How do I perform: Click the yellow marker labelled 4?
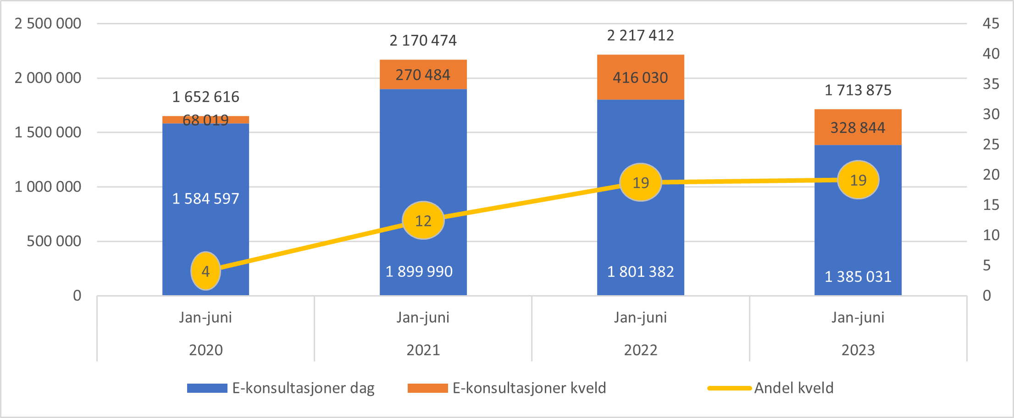click(x=205, y=271)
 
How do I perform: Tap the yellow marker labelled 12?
click(x=423, y=220)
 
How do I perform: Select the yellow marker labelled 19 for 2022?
click(x=640, y=182)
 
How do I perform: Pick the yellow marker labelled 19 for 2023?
click(x=858, y=180)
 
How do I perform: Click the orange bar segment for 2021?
click(x=423, y=75)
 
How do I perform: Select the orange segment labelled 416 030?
click(x=640, y=77)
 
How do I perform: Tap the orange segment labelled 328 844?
click(x=858, y=127)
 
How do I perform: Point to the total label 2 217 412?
click(x=640, y=35)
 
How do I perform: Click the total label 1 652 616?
click(x=205, y=97)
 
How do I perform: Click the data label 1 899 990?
click(x=419, y=271)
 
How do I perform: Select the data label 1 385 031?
click(x=858, y=276)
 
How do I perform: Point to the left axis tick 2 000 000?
click(x=48, y=78)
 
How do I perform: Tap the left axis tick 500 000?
click(x=54, y=241)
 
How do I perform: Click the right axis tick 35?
click(x=991, y=84)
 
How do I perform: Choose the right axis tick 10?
click(x=991, y=235)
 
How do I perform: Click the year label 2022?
click(x=640, y=350)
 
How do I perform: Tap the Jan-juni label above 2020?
click(x=205, y=317)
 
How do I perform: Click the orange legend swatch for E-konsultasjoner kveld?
click(x=427, y=388)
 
